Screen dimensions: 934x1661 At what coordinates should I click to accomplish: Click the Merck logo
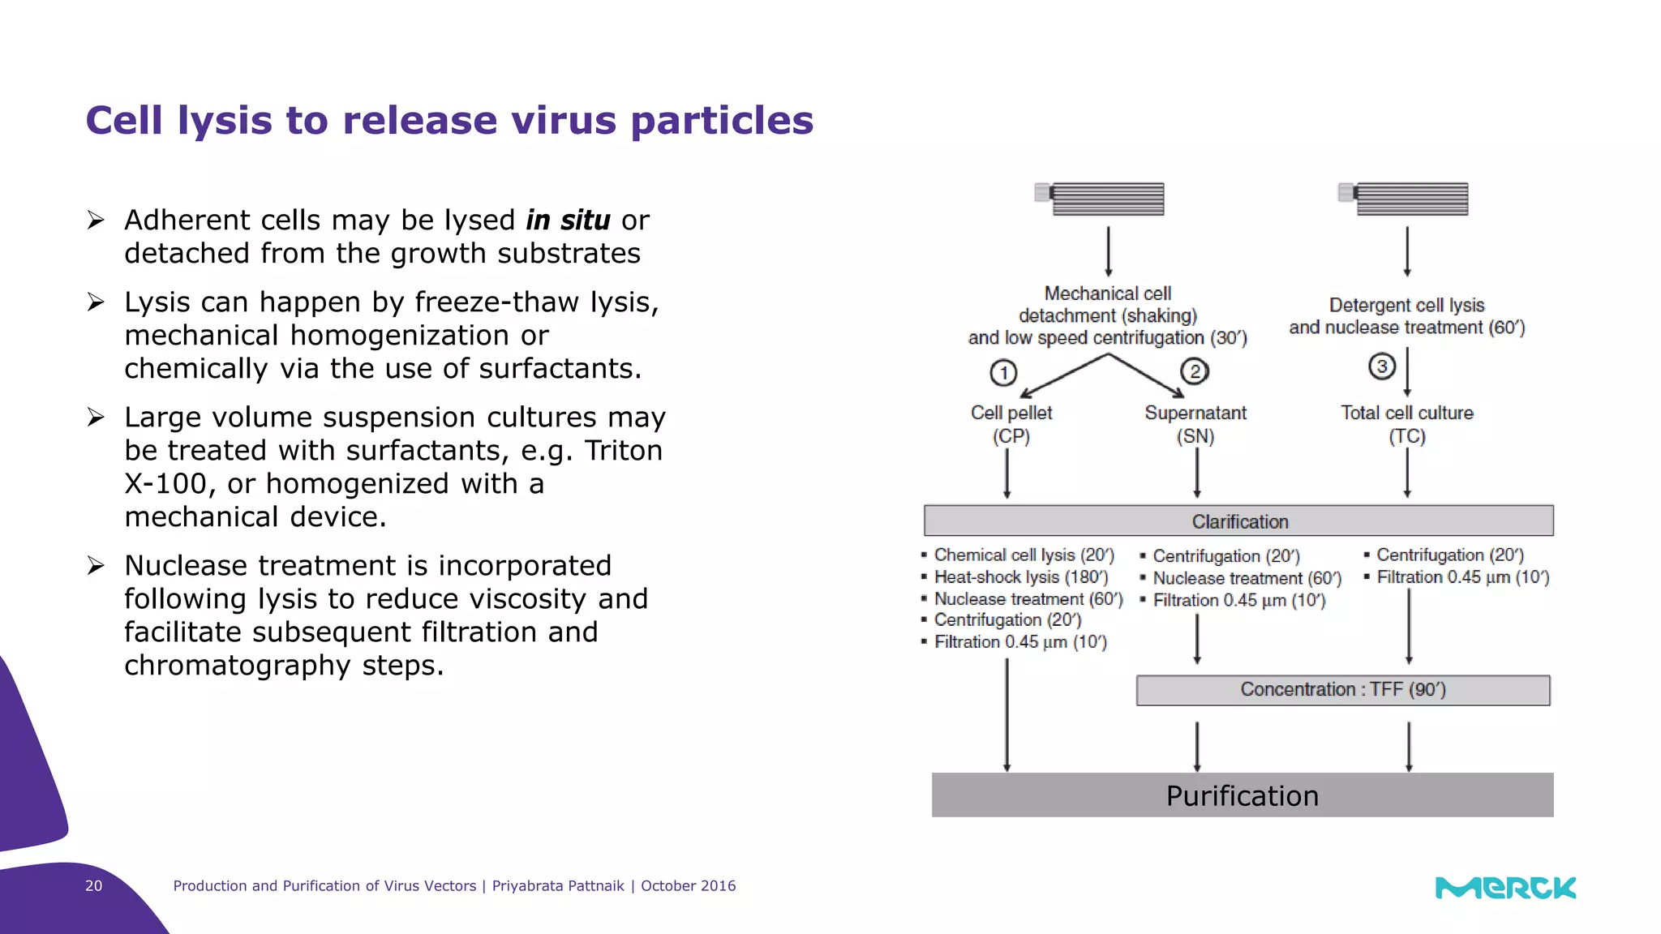click(x=1505, y=888)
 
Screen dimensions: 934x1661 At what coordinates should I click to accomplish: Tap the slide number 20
click(x=94, y=886)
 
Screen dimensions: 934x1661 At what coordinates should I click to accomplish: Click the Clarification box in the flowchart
click(x=1238, y=521)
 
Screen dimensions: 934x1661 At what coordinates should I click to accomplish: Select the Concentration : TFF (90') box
click(x=1342, y=690)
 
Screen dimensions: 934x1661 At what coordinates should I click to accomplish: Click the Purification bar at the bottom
click(x=1242, y=795)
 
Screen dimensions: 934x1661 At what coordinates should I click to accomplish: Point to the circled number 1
click(x=1003, y=373)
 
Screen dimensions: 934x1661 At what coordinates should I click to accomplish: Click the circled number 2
click(x=1194, y=372)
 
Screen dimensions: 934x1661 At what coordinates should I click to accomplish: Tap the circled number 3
click(x=1382, y=366)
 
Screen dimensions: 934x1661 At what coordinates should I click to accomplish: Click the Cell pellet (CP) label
click(x=1011, y=424)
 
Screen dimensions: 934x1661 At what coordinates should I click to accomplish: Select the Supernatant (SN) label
click(x=1195, y=424)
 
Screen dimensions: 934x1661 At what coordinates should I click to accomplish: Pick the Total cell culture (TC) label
click(x=1406, y=424)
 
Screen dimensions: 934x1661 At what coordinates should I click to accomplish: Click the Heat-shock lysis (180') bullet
click(x=1020, y=577)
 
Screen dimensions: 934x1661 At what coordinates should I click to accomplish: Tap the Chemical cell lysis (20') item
click(x=1024, y=555)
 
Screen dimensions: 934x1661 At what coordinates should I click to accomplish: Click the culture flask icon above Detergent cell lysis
click(x=1404, y=199)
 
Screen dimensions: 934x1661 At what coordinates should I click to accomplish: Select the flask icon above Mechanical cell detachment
click(x=1101, y=199)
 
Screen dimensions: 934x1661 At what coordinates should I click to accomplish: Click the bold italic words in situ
click(x=568, y=221)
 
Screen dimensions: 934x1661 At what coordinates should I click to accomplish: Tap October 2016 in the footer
click(x=688, y=886)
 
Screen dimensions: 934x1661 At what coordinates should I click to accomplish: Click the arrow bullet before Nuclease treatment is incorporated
click(x=97, y=566)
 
